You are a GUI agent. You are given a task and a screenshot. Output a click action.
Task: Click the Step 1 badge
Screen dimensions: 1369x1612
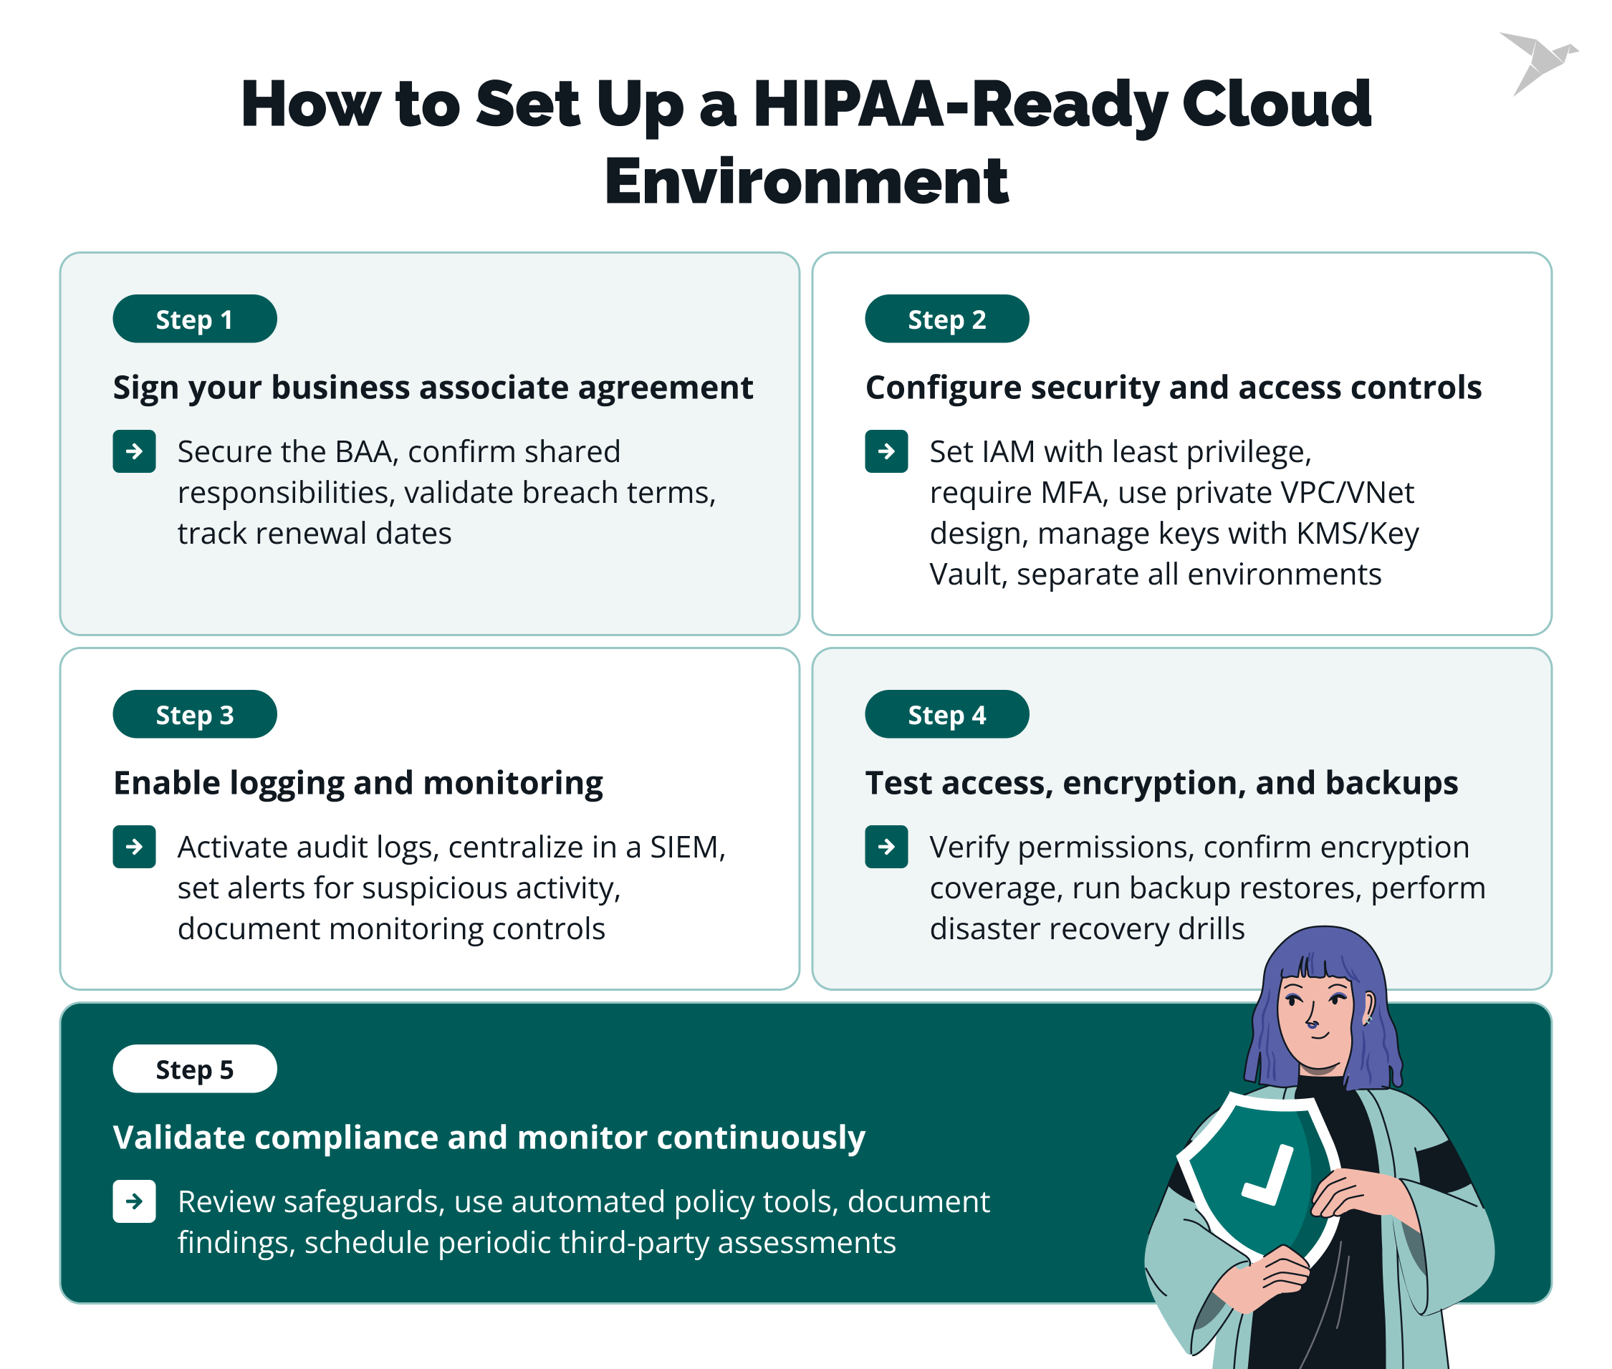point(195,319)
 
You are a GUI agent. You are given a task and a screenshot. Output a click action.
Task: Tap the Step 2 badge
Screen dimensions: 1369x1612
point(946,319)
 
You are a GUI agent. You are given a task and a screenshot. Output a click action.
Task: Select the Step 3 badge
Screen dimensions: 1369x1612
point(195,714)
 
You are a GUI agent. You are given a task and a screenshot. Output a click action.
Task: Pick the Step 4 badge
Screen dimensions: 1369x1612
point(946,714)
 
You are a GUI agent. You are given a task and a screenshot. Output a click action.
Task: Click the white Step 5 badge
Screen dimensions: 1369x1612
point(195,1069)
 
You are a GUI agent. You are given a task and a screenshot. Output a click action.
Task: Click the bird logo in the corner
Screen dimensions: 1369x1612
point(1536,62)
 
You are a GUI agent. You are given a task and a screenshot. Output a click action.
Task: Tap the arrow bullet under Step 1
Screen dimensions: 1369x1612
point(134,451)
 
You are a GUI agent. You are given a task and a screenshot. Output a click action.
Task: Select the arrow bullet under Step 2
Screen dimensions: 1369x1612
point(886,451)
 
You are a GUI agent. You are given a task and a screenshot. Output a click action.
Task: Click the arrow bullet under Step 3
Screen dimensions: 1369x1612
point(134,846)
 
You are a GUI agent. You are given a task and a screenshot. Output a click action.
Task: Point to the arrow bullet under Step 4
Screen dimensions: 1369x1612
point(886,846)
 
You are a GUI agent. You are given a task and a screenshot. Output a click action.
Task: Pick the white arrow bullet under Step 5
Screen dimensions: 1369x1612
point(134,1201)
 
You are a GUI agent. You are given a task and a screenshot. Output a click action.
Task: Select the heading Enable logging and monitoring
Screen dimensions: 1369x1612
point(358,782)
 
